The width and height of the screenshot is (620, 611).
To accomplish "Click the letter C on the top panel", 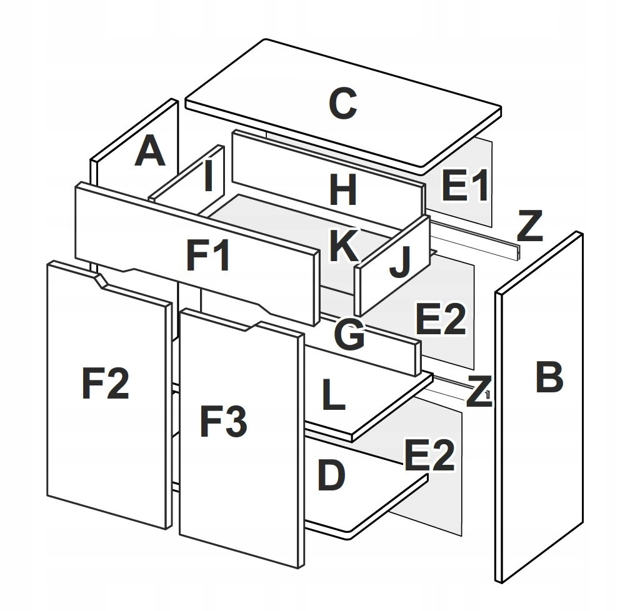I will point(342,104).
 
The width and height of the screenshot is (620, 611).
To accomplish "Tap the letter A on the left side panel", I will point(150,152).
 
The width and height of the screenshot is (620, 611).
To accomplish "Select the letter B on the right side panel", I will point(549,377).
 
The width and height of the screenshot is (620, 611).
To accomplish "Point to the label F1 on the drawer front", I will point(208,256).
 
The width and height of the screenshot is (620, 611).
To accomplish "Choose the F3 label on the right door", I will point(223,420).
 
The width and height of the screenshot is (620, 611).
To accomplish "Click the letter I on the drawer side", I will point(209,177).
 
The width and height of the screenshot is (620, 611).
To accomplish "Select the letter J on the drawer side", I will point(399,264).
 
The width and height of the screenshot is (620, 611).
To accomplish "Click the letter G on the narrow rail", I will point(349,335).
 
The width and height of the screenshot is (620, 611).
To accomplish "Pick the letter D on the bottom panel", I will point(331,476).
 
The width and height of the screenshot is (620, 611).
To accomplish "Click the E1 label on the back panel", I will point(464,186).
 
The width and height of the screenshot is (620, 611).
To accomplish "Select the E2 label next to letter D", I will point(428,456).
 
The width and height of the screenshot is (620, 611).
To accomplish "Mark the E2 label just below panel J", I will point(441,319).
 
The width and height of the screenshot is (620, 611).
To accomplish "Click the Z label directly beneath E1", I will point(529,227).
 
